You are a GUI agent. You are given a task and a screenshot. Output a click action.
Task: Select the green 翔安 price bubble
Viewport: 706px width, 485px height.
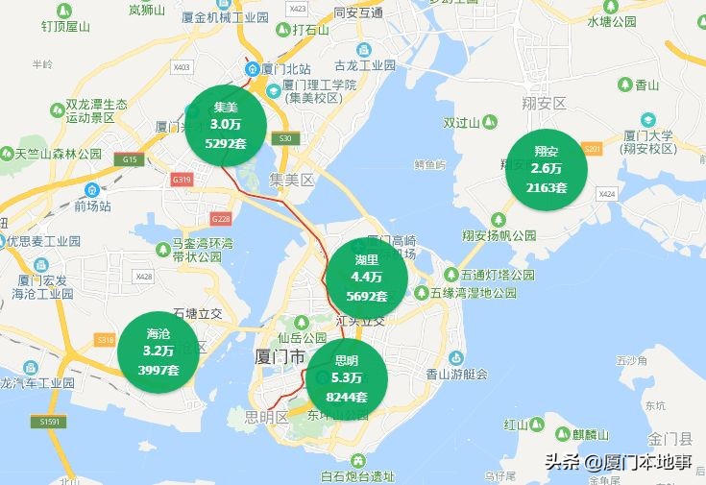coord(547,169)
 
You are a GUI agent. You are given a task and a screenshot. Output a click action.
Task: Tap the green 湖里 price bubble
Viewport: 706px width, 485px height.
coord(366,278)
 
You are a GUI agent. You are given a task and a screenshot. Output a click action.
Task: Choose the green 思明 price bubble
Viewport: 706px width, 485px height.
coord(347,378)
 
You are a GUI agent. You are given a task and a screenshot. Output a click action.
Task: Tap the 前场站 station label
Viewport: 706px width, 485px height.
coord(93,206)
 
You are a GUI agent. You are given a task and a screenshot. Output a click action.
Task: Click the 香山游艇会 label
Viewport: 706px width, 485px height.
coord(456,375)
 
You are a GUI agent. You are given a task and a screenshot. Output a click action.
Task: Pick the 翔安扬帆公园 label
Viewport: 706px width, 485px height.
coord(498,235)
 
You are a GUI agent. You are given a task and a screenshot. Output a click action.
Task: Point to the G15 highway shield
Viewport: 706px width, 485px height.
coord(130,158)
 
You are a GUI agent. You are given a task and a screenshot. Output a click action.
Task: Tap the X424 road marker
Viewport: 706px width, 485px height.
coord(606,194)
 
